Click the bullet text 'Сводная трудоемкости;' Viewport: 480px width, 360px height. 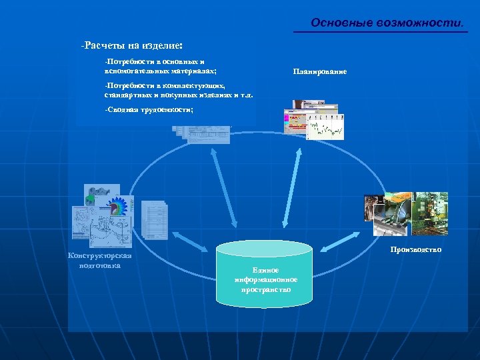(149, 109)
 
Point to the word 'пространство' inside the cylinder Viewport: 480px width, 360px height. (265, 289)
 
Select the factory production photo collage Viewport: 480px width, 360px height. (405, 213)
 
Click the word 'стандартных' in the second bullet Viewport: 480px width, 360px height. (124, 95)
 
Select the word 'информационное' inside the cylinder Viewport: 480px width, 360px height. (265, 279)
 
